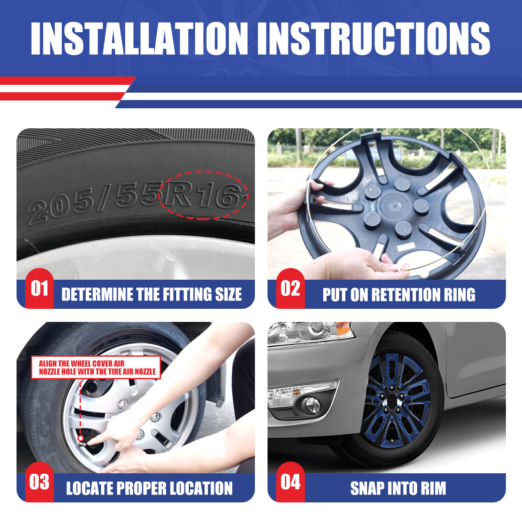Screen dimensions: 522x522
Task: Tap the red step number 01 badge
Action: (x=39, y=289)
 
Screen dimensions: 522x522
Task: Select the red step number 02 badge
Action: (x=290, y=289)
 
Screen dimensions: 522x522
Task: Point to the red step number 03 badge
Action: (x=39, y=482)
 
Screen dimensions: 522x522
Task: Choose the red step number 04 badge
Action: (x=290, y=482)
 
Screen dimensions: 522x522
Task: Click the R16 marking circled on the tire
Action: (x=203, y=195)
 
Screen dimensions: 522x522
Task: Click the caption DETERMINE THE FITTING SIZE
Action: (x=151, y=294)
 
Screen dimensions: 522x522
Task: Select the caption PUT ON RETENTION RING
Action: (x=398, y=294)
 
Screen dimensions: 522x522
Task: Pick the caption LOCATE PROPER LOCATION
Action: (x=149, y=488)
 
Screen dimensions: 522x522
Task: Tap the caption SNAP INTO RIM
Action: (x=398, y=488)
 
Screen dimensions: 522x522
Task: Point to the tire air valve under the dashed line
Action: (x=81, y=439)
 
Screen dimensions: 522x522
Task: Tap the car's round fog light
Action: (x=311, y=405)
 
